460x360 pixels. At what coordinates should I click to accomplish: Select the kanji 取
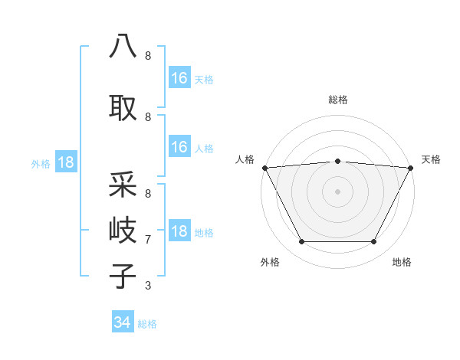pyautogui.click(x=123, y=106)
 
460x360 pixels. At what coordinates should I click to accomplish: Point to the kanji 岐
pyautogui.click(x=123, y=229)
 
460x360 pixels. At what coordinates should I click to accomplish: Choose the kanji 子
pyautogui.click(x=123, y=275)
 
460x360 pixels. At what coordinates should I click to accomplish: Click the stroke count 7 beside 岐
pyautogui.click(x=148, y=240)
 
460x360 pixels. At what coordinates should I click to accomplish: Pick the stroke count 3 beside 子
pyautogui.click(x=148, y=286)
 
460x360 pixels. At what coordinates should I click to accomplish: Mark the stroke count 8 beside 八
pyautogui.click(x=148, y=56)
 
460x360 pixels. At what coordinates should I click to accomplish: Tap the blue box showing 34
pyautogui.click(x=123, y=322)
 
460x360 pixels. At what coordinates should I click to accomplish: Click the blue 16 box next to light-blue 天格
pyautogui.click(x=179, y=78)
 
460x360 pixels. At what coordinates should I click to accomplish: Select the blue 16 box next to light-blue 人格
pyautogui.click(x=179, y=147)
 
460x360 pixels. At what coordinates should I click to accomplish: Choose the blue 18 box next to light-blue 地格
pyautogui.click(x=179, y=232)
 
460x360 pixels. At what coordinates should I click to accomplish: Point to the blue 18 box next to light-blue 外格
pyautogui.click(x=65, y=162)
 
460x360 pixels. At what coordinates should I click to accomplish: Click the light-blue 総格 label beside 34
pyautogui.click(x=147, y=324)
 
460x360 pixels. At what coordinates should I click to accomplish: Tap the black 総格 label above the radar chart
pyautogui.click(x=337, y=100)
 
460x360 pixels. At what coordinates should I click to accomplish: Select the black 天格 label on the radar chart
pyautogui.click(x=431, y=159)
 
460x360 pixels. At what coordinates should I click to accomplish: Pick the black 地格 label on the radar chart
pyautogui.click(x=402, y=262)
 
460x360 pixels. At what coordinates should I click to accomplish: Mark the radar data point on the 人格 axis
pyautogui.click(x=264, y=168)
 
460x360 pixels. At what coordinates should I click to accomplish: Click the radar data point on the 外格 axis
pyautogui.click(x=301, y=242)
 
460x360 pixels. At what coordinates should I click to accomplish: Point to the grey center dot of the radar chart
pyautogui.click(x=337, y=191)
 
